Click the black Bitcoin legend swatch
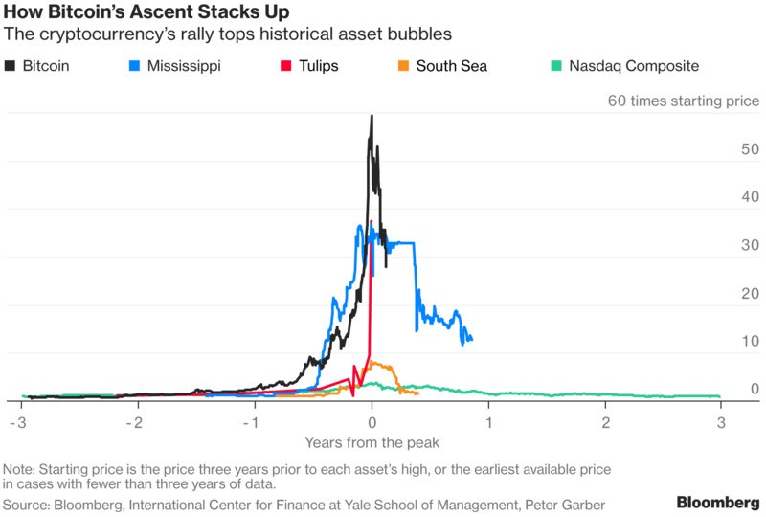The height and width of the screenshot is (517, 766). pos(11,67)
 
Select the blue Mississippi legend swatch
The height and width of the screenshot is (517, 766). pos(135,67)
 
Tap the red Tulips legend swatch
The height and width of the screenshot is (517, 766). pos(284,67)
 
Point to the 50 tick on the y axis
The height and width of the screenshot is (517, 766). pos(750,149)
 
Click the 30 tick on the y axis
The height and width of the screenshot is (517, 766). pos(750,245)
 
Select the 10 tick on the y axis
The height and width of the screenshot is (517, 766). pos(750,341)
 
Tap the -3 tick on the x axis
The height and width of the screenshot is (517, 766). pos(19,422)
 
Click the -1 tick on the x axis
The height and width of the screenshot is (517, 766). pos(254,422)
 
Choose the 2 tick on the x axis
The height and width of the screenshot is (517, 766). pos(605,422)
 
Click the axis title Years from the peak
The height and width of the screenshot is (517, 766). pos(372,442)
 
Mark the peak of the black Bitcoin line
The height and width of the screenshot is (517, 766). pos(372,116)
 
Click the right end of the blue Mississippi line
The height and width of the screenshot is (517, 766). pos(471,339)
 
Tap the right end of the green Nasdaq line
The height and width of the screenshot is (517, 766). pos(719,396)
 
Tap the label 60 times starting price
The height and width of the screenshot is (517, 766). pos(683,101)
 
